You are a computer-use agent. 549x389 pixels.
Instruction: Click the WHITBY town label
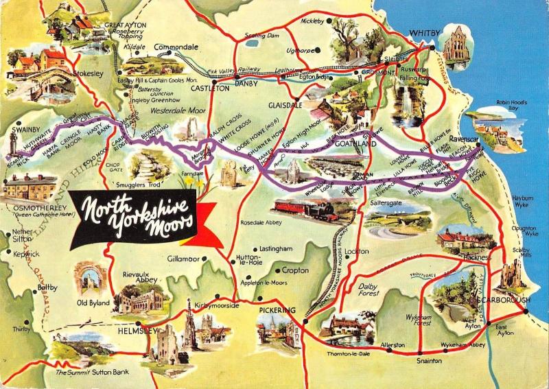tap(428, 32)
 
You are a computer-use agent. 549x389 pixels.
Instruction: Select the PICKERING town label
tap(277, 310)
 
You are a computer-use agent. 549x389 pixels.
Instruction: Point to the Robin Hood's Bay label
tap(510, 103)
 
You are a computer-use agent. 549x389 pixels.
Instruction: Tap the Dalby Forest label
tap(369, 289)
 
